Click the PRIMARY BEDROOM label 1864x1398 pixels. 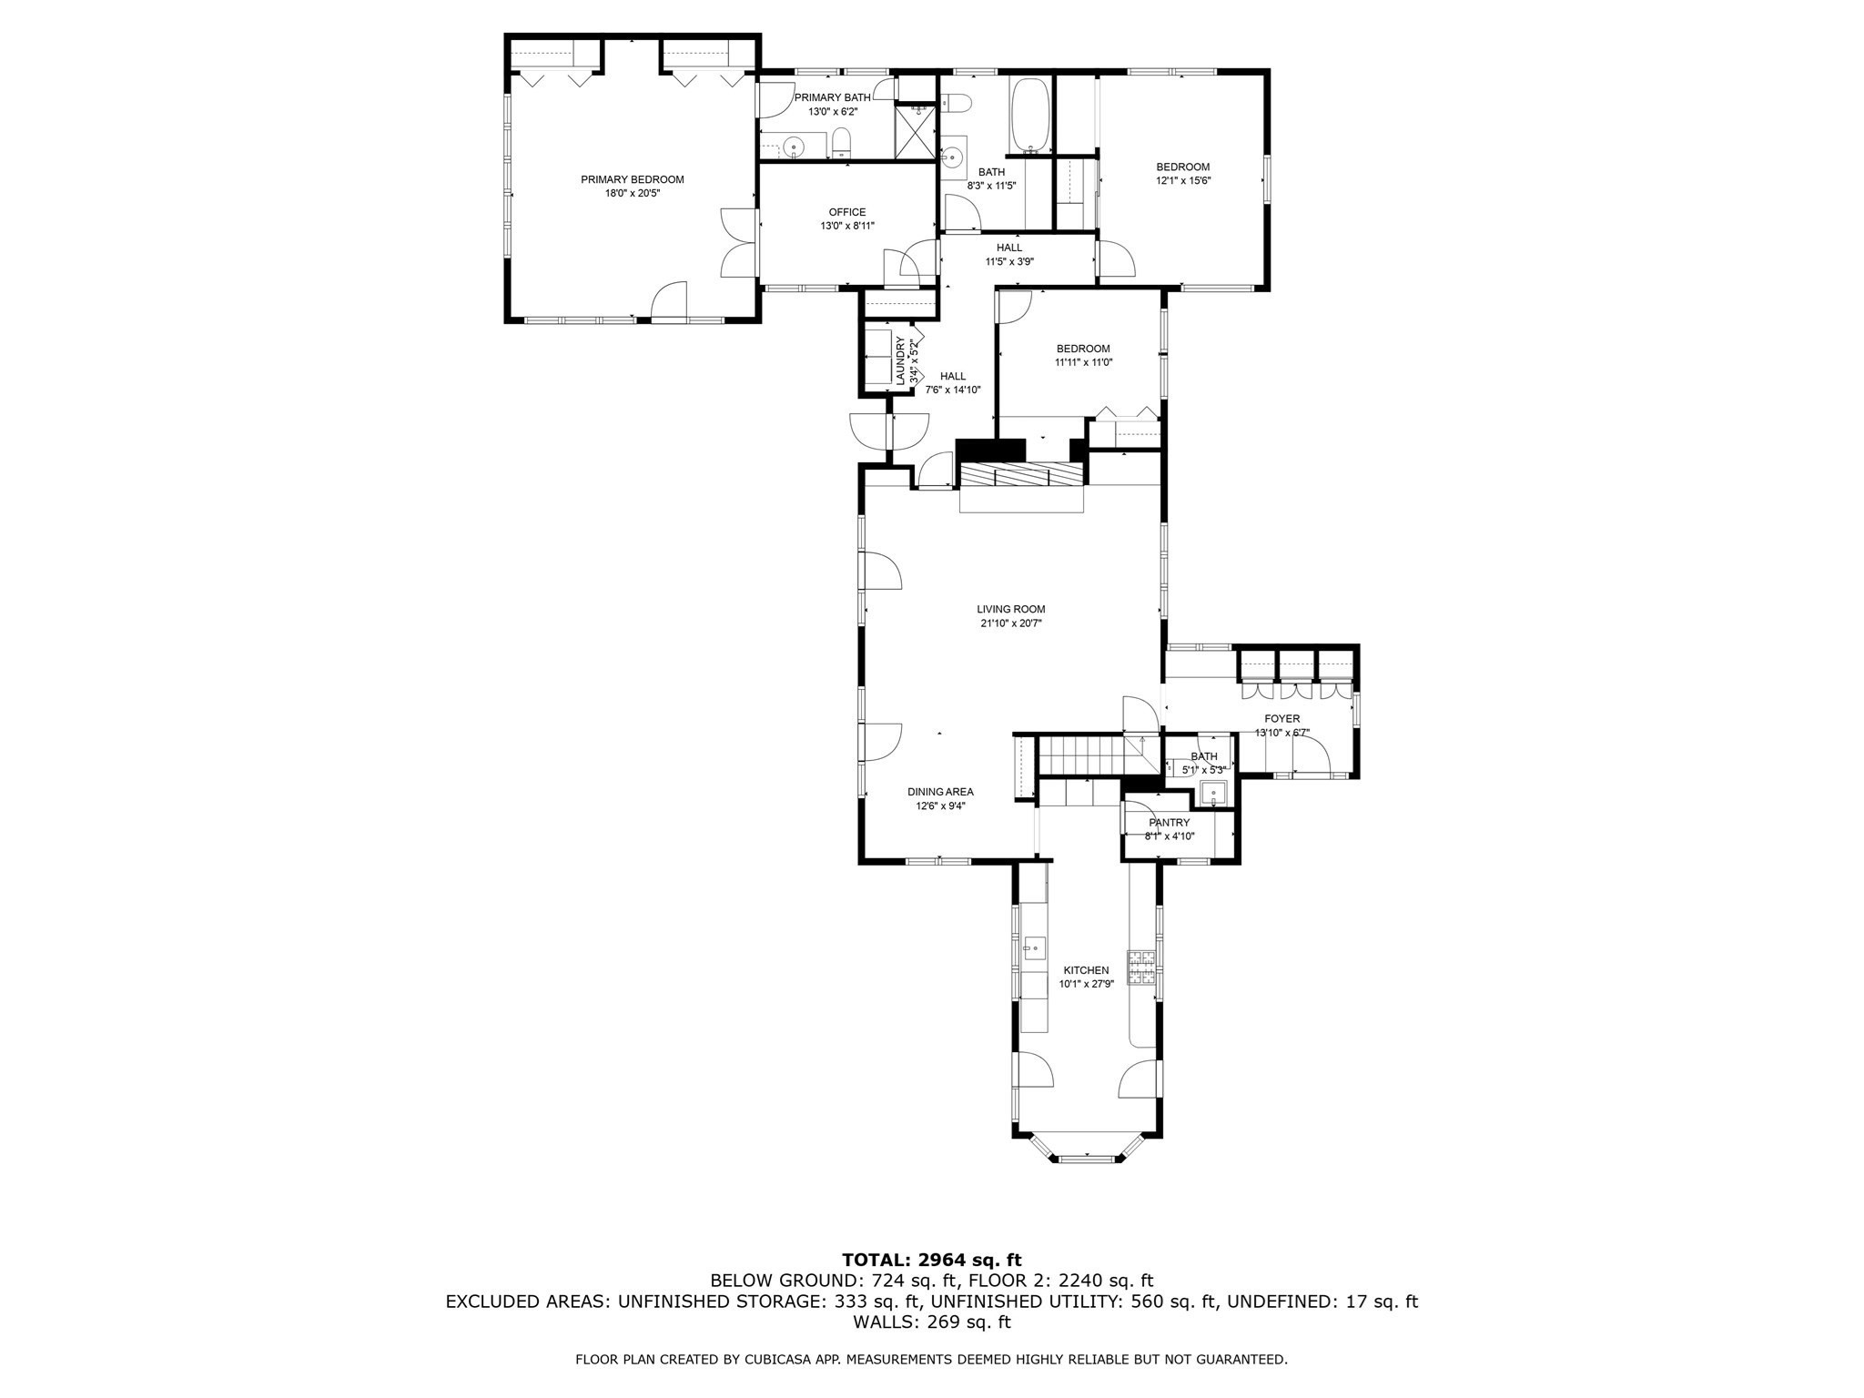coord(632,180)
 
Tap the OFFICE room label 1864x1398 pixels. coord(846,213)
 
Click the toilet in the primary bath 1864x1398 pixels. coord(841,143)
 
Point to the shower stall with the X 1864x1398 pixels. coord(915,133)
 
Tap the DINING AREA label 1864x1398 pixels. coord(940,792)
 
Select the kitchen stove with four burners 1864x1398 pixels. coord(1141,967)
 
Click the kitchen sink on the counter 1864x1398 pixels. coord(1033,948)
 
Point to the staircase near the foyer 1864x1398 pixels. coord(1083,755)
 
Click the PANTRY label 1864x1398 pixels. coord(1169,823)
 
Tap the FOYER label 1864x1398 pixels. coord(1281,719)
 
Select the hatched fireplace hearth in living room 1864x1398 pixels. coord(1022,475)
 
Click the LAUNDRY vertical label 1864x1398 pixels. coord(901,361)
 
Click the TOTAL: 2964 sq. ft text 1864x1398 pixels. coord(931,1261)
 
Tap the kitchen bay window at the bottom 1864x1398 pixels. coord(1087,1158)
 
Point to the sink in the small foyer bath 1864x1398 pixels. coord(1213,794)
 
